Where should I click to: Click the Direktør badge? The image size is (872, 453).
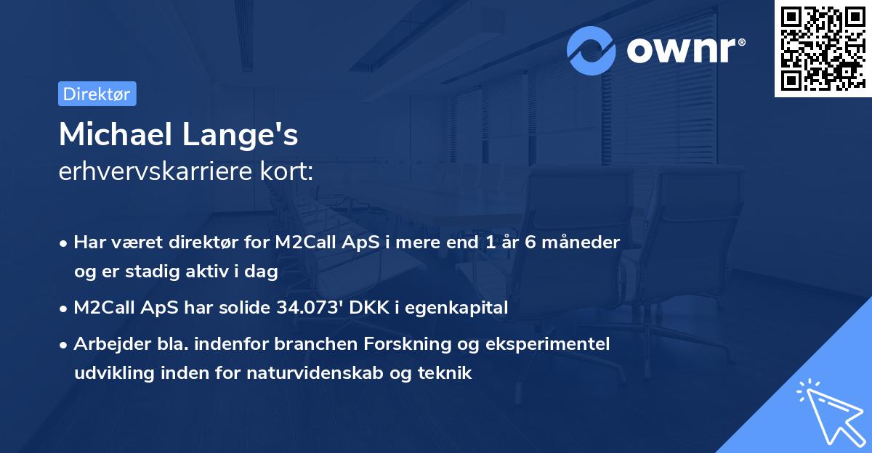(x=97, y=94)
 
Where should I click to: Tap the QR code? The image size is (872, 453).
(x=820, y=49)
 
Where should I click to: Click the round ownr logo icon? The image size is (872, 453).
(x=592, y=50)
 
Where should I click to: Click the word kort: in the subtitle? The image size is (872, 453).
(x=289, y=172)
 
